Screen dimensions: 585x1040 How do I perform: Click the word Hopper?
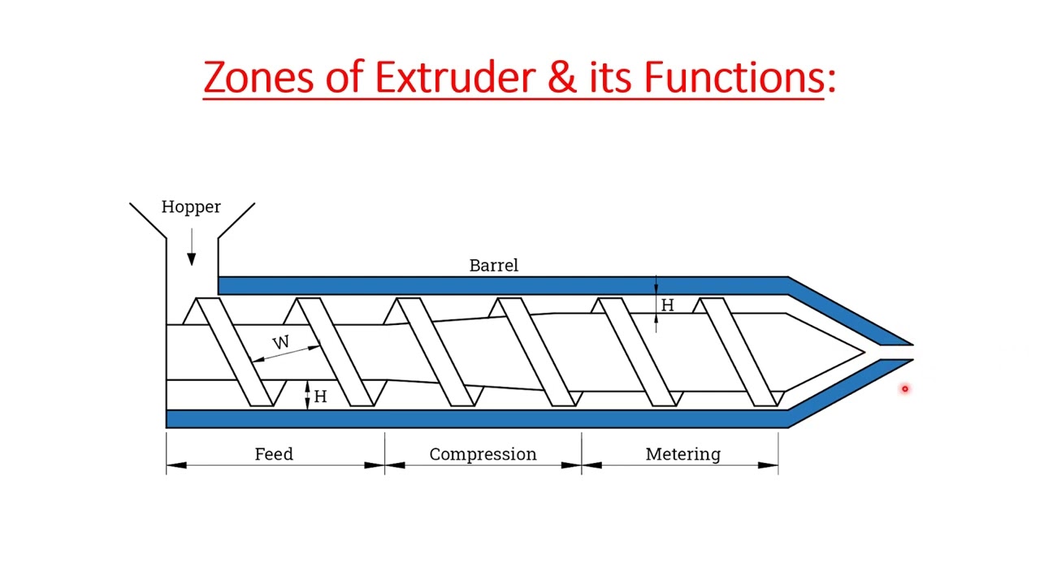[x=191, y=207]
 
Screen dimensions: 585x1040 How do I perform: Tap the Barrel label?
[x=493, y=266]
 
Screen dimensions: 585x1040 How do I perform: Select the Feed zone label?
[x=274, y=454]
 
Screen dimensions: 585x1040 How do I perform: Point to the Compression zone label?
[x=483, y=454]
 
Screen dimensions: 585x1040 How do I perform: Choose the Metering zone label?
[x=682, y=454]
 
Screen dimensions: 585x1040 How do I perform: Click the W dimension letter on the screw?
[x=281, y=343]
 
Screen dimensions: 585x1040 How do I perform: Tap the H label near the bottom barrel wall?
[x=320, y=396]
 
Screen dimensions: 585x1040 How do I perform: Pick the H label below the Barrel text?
[x=667, y=305]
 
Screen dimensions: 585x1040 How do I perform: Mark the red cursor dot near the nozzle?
[x=904, y=389]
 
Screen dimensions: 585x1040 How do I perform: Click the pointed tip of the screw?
[x=862, y=352]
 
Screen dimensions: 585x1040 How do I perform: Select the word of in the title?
[x=344, y=78]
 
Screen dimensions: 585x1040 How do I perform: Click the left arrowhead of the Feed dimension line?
[x=176, y=466]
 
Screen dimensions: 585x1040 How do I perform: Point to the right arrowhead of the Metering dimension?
[x=769, y=466]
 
